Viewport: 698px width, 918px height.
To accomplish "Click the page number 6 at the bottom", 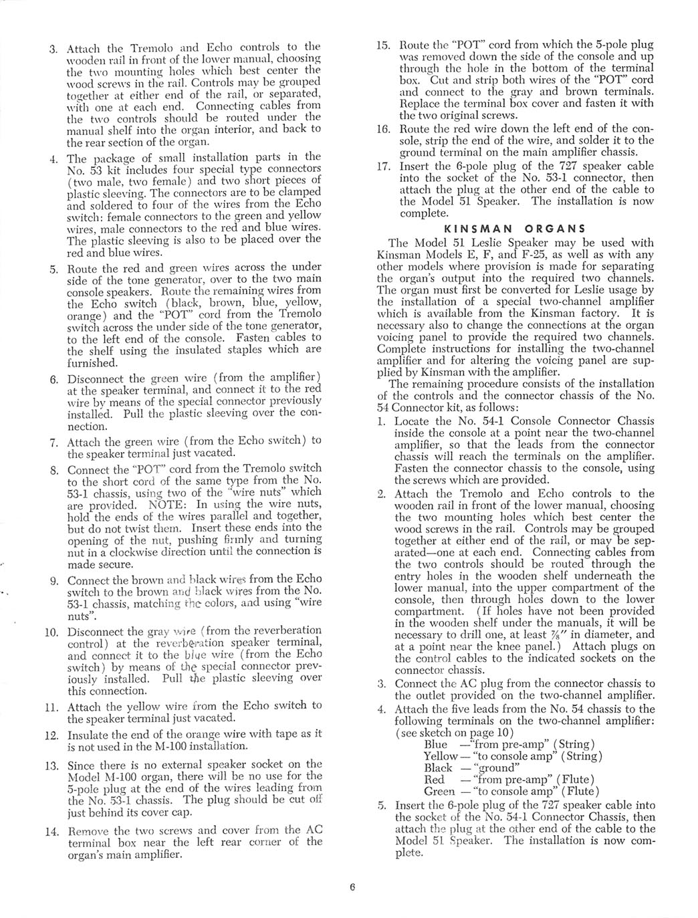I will click(351, 889).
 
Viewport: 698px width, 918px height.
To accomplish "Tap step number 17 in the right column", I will click(383, 166).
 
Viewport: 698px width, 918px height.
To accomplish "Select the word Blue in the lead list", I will click(436, 744).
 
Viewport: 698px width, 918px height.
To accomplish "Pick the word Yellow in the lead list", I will click(441, 756).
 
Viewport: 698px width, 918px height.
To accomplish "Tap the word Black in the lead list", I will click(438, 768).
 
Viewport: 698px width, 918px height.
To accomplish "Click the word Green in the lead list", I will click(439, 792).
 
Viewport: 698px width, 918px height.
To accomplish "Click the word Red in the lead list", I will click(434, 780).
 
